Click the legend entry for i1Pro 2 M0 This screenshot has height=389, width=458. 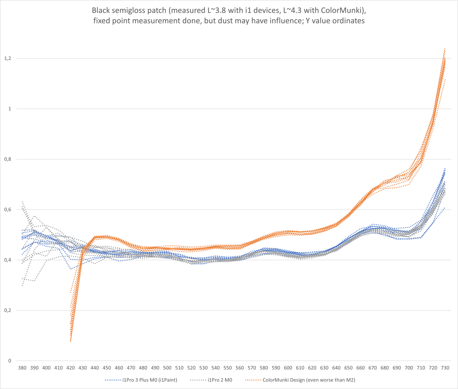[x=220, y=380]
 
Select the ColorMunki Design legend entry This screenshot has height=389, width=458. [x=309, y=380]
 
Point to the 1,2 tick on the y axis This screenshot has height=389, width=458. [x=7, y=58]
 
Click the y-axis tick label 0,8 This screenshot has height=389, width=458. [x=7, y=159]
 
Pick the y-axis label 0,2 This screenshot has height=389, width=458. [x=7, y=310]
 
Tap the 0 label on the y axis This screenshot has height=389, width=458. [x=10, y=361]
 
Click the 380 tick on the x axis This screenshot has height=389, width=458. [x=22, y=368]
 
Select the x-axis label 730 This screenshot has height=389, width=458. [x=445, y=368]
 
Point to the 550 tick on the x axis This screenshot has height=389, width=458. [x=227, y=368]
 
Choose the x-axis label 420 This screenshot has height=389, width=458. [x=71, y=368]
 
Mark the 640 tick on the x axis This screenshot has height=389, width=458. [x=336, y=368]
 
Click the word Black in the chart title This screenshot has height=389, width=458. [x=101, y=10]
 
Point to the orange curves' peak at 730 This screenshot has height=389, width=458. [x=445, y=48]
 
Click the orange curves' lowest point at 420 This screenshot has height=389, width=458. [x=71, y=341]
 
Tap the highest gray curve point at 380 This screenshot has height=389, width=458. [x=22, y=201]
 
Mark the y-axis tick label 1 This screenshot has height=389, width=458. [x=10, y=109]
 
